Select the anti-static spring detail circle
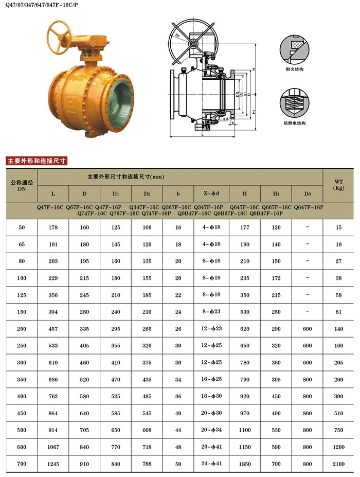click(x=294, y=103)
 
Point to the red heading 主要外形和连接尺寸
click(x=37, y=161)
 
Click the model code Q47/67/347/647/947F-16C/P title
click(x=42, y=5)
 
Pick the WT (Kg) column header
click(x=338, y=185)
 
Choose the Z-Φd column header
click(x=211, y=193)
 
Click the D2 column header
click(x=147, y=194)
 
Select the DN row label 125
click(x=22, y=295)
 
